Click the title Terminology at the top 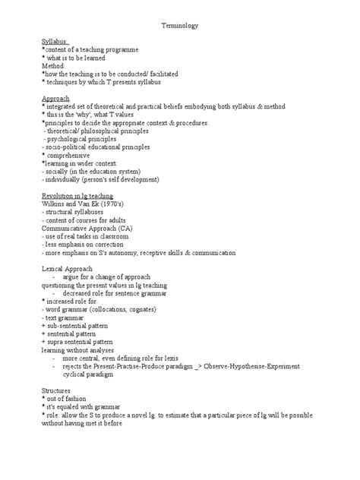180,25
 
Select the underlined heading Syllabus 55,41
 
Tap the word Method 55,66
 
